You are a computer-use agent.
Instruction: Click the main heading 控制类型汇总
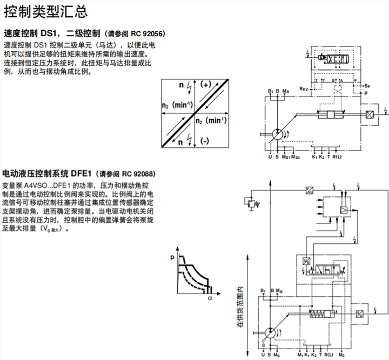point(45,11)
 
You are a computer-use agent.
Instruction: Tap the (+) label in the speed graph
point(205,85)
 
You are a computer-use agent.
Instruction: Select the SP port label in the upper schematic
point(367,85)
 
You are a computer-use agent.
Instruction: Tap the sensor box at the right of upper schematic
point(370,115)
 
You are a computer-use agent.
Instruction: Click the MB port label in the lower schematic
point(279,291)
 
